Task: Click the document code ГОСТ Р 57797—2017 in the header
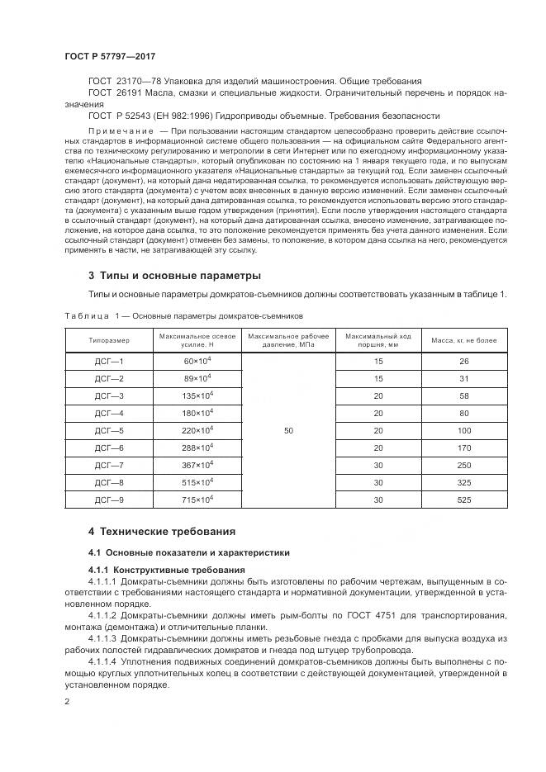coord(109,55)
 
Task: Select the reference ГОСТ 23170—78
coord(124,82)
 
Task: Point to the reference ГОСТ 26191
coord(115,93)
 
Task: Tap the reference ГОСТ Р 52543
coord(121,116)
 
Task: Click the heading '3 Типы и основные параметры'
coord(174,274)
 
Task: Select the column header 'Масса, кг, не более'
coord(463,339)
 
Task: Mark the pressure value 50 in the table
coord(287,430)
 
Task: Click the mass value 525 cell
coord(463,499)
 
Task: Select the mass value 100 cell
coord(463,430)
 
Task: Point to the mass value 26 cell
coord(463,361)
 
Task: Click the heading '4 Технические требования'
coord(162,531)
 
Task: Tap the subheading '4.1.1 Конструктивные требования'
coord(166,571)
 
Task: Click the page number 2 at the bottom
coord(67,702)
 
